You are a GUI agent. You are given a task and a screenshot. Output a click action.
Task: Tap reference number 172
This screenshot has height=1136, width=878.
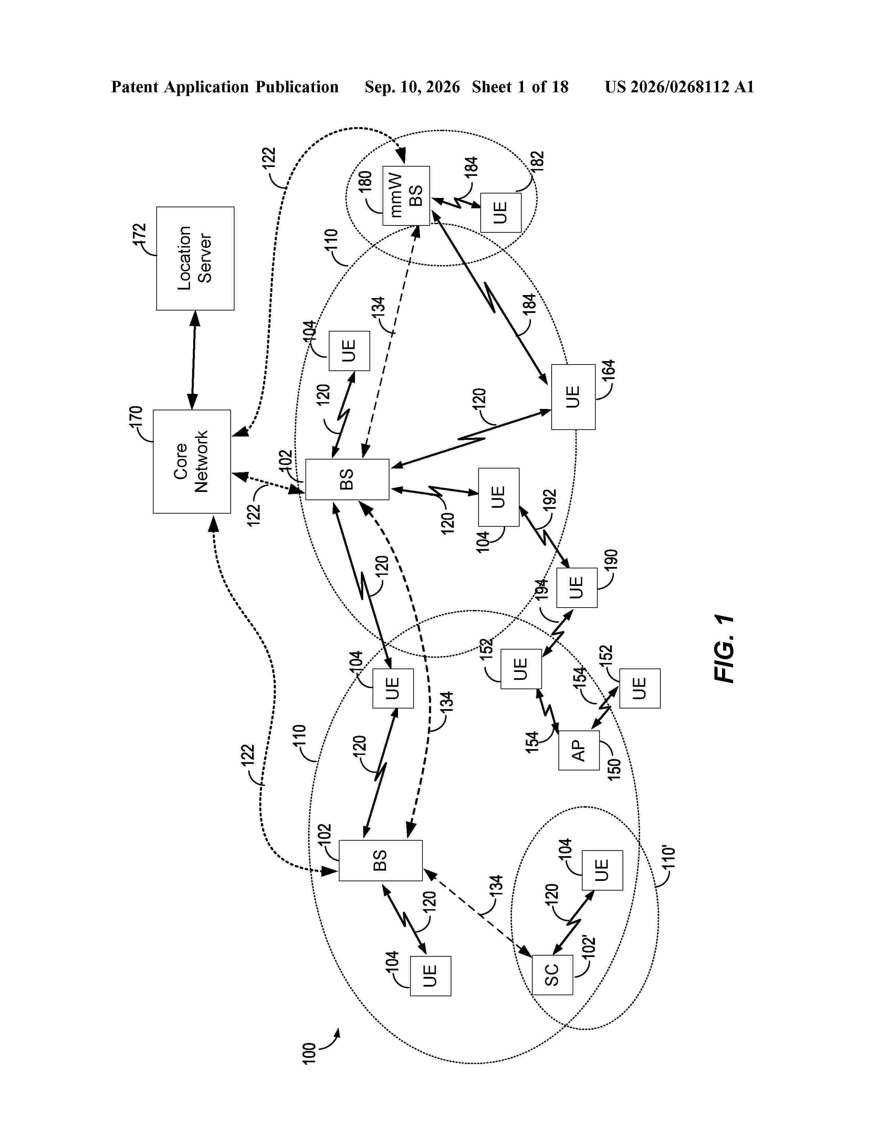[x=139, y=234]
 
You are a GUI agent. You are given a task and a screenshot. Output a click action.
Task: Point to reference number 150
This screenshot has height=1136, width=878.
[x=614, y=769]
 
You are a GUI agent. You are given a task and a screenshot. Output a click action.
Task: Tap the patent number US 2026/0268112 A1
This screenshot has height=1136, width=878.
[x=679, y=87]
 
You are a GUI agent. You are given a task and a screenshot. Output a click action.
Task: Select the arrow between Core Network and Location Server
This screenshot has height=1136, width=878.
[x=194, y=360]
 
